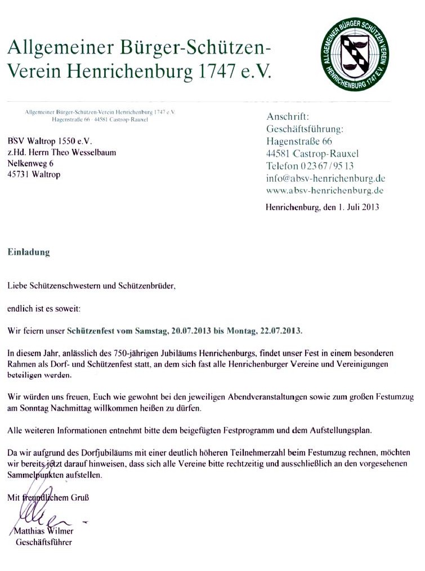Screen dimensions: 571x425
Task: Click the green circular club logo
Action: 355,54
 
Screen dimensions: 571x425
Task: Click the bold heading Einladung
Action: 28,253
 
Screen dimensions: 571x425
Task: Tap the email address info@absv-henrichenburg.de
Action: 325,178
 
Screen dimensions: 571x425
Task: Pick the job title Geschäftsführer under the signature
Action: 44,543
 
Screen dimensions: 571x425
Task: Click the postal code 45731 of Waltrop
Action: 18,174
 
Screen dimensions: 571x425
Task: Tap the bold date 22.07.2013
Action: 279,331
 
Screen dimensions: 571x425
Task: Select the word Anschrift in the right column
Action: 288,117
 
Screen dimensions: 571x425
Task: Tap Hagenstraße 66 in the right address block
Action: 299,141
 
